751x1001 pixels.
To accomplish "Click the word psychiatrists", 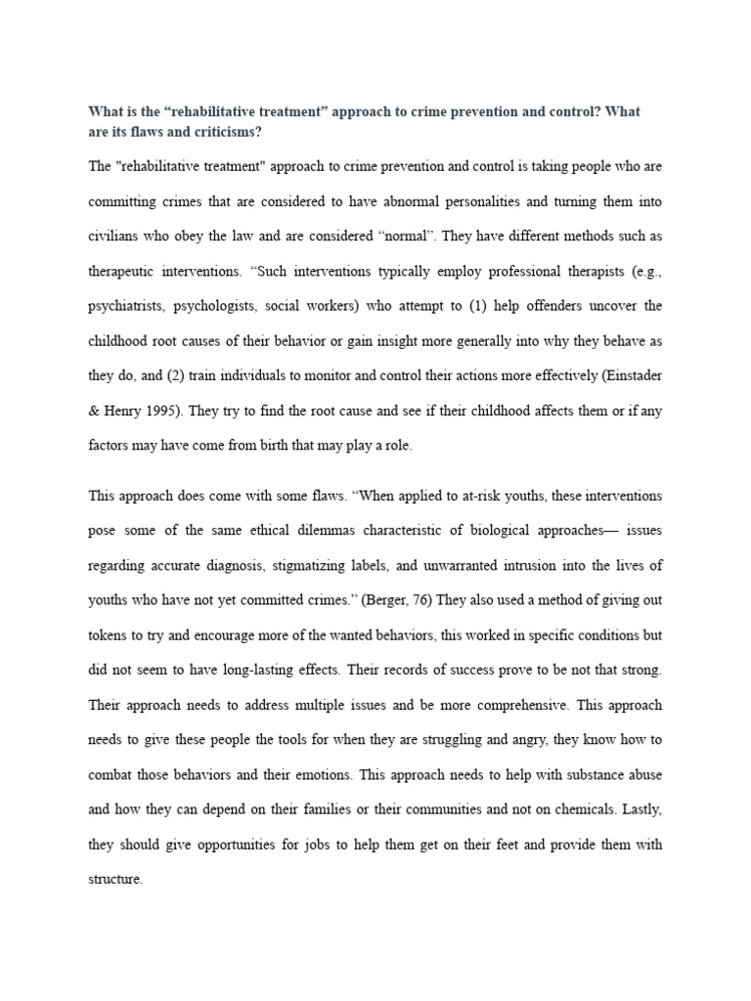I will pos(128,306).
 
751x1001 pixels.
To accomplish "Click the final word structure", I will pos(115,880).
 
